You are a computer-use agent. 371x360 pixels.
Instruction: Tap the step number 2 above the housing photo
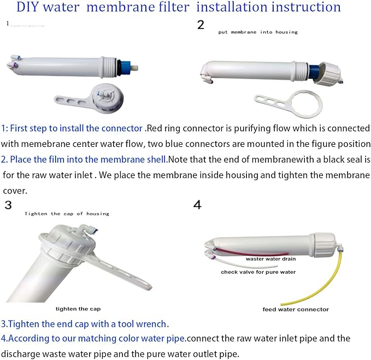[201, 25]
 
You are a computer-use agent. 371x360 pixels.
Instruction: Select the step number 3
[8, 205]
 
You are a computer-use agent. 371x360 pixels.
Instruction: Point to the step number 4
[197, 205]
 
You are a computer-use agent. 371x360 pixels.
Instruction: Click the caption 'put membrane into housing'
[258, 32]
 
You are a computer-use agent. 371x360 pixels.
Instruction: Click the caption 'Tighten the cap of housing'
[67, 214]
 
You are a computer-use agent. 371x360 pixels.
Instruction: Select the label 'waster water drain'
[270, 259]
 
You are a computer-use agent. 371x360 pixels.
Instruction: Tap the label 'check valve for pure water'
[258, 272]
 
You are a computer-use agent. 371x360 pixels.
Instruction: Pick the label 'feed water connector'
[296, 309]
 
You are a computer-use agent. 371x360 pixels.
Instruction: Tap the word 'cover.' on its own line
[14, 191]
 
